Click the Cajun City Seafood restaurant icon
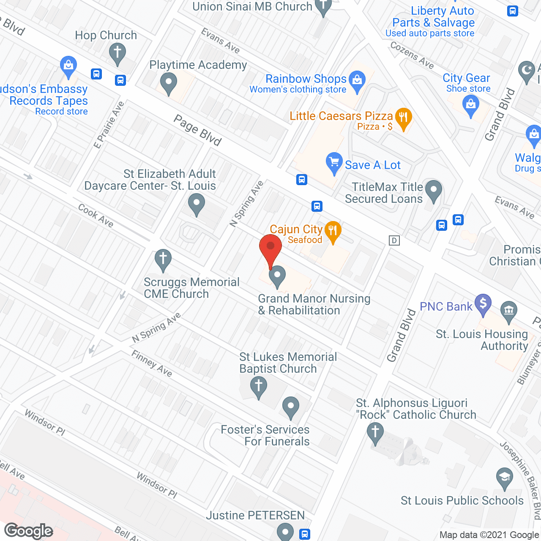333,231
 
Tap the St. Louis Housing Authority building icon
508,310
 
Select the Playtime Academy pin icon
169,82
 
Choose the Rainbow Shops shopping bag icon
357,80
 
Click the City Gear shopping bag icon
470,104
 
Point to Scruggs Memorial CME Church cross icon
163,259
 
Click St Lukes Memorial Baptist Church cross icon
258,386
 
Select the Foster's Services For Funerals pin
290,407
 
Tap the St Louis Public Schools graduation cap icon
504,478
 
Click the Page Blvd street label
197,131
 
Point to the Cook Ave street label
96,216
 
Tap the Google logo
29,531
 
